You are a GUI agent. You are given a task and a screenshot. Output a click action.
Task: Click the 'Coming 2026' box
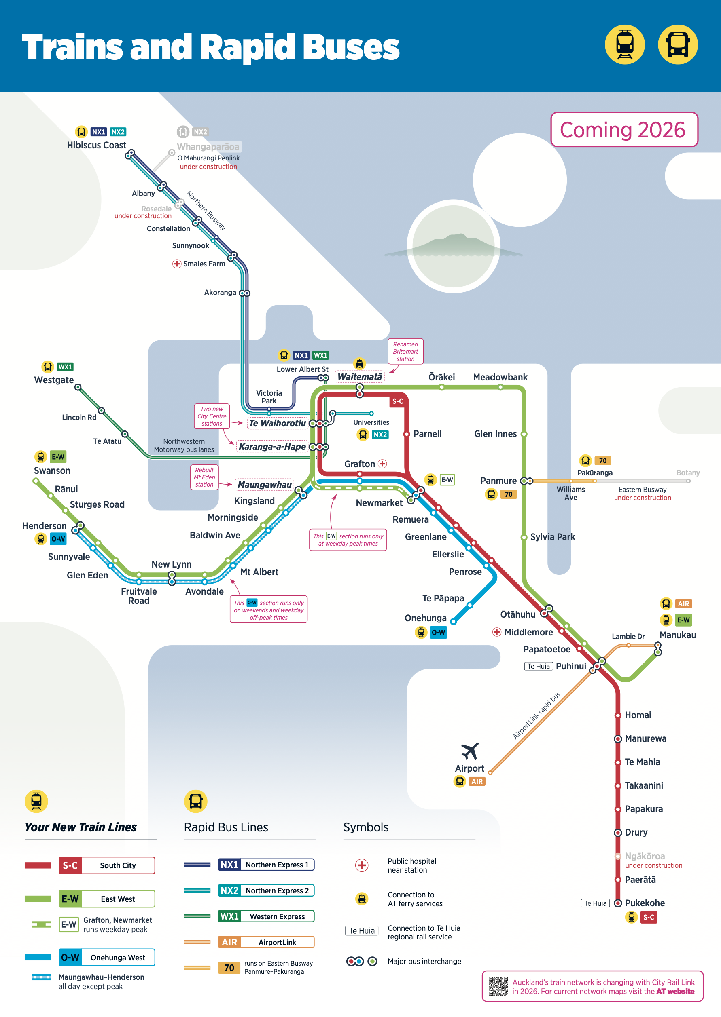click(x=624, y=129)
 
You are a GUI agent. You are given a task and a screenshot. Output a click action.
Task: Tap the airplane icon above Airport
click(x=470, y=751)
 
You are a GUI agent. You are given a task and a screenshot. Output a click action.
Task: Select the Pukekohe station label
click(x=645, y=903)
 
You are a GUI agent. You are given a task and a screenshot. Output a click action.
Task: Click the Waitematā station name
click(x=360, y=377)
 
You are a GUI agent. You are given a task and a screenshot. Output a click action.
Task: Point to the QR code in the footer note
click(x=498, y=986)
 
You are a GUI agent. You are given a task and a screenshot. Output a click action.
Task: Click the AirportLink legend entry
click(x=266, y=942)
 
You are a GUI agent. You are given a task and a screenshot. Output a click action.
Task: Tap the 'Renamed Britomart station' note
click(x=405, y=351)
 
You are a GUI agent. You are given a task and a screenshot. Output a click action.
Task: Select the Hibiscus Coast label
click(x=96, y=145)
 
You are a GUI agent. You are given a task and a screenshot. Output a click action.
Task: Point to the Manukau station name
click(x=677, y=635)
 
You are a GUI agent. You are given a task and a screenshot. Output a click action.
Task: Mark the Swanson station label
click(x=52, y=470)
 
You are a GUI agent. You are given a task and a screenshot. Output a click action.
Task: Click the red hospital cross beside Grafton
click(x=382, y=464)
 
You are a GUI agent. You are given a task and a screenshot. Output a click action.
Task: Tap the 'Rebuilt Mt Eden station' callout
click(x=204, y=477)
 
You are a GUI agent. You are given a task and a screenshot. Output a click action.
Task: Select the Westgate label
click(x=54, y=380)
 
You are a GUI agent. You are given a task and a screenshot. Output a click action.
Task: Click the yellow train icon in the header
click(x=625, y=44)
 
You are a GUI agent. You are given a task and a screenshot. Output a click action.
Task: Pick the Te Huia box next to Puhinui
click(x=539, y=666)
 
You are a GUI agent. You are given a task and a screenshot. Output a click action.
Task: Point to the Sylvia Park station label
click(x=552, y=537)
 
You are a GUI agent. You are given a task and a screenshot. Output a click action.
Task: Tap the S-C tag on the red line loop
click(x=397, y=401)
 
